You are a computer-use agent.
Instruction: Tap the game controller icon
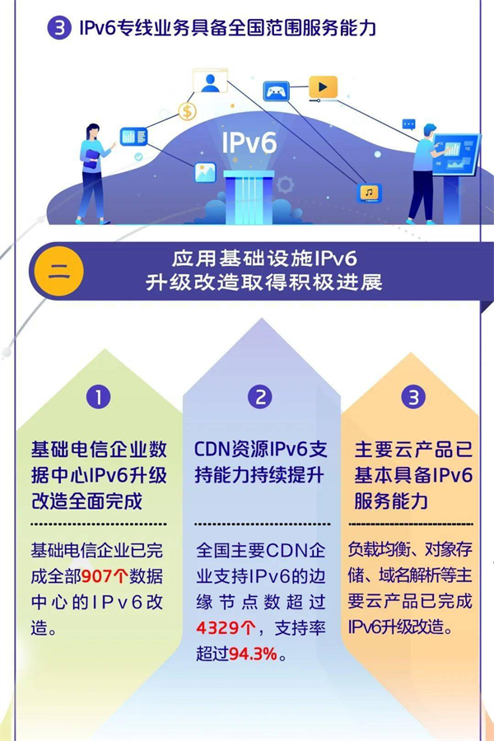275,91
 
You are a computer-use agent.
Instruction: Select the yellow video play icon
323,86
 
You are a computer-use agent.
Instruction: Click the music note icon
370,193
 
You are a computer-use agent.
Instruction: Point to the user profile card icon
210,82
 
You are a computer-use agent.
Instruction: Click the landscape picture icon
205,172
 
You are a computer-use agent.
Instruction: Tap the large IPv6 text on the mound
249,142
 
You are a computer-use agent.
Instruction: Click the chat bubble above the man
408,124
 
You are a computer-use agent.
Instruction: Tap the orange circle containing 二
58,272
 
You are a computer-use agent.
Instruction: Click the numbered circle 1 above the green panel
98,398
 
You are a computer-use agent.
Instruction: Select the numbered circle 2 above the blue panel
260,398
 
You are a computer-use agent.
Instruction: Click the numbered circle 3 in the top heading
59,29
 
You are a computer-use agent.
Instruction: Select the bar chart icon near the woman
133,136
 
